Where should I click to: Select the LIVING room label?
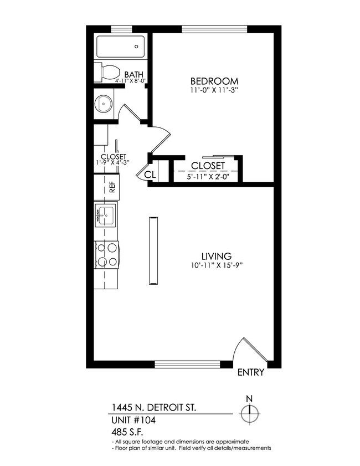point(216,256)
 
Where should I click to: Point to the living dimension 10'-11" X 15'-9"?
point(216,265)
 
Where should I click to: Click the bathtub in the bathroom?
point(121,47)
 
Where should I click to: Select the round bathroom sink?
point(104,103)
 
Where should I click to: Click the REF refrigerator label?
point(112,187)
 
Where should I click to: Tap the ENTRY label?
point(250,372)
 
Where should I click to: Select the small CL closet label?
point(150,175)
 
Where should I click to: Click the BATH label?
point(133,74)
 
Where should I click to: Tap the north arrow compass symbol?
point(250,411)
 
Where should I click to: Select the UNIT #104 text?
point(133,420)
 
